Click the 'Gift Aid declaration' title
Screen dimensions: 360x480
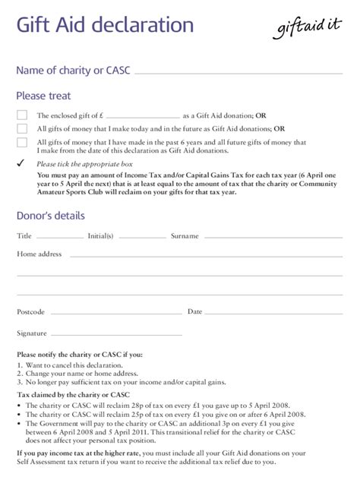point(106,27)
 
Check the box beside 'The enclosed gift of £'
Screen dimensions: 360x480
point(22,115)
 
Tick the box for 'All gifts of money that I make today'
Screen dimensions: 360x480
point(22,128)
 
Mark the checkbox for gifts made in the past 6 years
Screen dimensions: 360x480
point(22,142)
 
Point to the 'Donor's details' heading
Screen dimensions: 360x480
point(50,216)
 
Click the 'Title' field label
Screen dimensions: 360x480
point(24,236)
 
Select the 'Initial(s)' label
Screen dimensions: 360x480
point(100,236)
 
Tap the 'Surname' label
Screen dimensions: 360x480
point(185,236)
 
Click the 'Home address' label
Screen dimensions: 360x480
point(39,254)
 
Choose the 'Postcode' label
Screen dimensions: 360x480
point(31,312)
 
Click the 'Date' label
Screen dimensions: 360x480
point(194,311)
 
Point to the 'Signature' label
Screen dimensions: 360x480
point(32,333)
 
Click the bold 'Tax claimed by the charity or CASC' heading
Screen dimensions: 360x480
point(71,395)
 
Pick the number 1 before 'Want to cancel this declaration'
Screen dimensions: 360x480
point(19,365)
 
